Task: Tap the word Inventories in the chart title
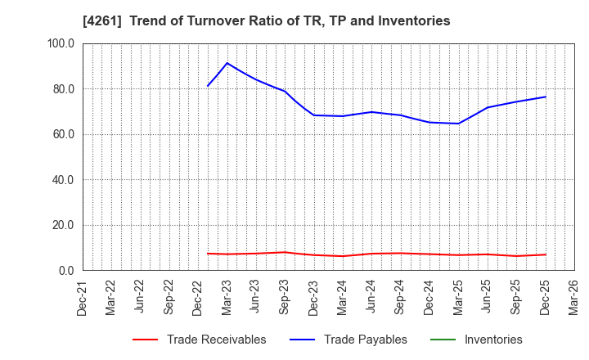[x=415, y=21]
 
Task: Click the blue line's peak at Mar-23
[x=227, y=63]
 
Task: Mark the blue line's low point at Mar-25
[x=458, y=124]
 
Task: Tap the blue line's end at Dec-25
[x=545, y=97]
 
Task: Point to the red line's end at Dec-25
[x=545, y=254]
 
